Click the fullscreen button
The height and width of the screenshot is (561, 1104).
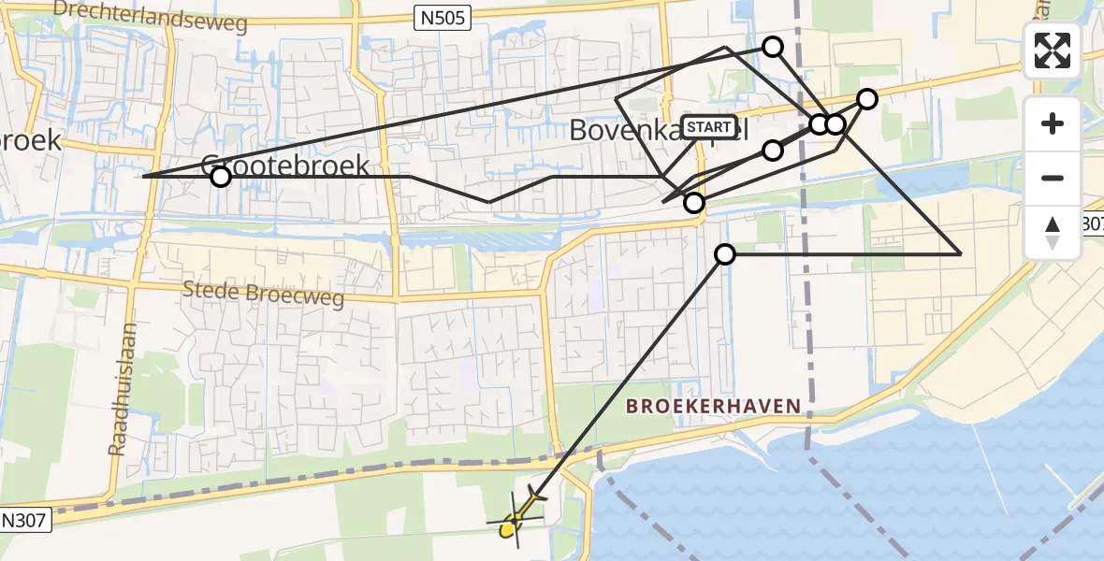pyautogui.click(x=1053, y=50)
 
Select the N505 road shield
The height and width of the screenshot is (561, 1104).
pyautogui.click(x=443, y=15)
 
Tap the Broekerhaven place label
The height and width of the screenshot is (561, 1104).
pyautogui.click(x=713, y=406)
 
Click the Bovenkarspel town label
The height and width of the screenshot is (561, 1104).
pyautogui.click(x=659, y=131)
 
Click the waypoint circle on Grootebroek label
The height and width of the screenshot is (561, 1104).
pyautogui.click(x=220, y=177)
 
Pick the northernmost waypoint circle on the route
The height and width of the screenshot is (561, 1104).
pyautogui.click(x=773, y=46)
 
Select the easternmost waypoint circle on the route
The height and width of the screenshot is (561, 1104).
pyautogui.click(x=867, y=99)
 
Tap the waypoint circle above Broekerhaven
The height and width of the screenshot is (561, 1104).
pyautogui.click(x=725, y=253)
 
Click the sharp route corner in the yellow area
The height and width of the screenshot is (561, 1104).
pyautogui.click(x=962, y=253)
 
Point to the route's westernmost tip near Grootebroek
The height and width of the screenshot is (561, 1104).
pyautogui.click(x=143, y=176)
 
